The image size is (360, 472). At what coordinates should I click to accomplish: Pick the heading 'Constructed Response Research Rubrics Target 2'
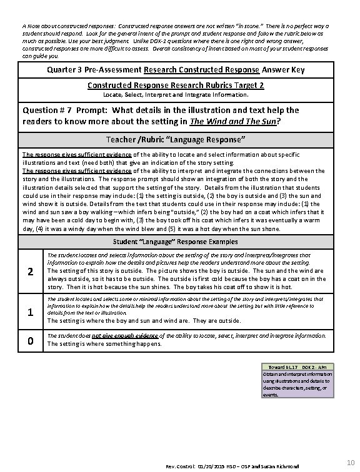tap(175, 84)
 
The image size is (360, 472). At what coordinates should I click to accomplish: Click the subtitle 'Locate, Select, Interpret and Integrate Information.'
tap(175, 95)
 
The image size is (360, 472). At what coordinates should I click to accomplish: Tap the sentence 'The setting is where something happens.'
tap(105, 343)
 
